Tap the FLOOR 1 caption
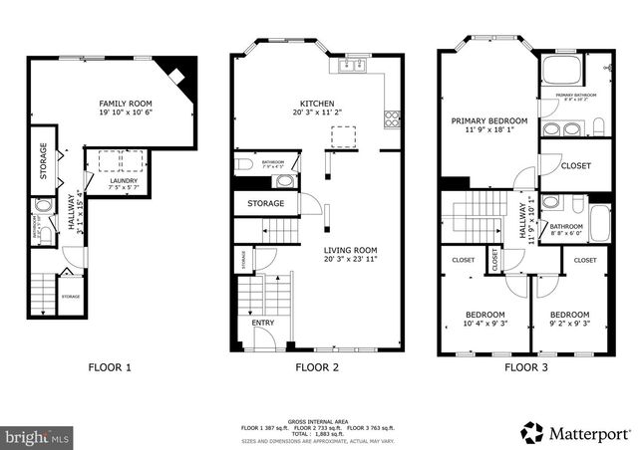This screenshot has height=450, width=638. coord(110,366)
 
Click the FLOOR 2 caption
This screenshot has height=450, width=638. coord(317,366)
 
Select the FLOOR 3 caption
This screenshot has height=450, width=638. coord(525,366)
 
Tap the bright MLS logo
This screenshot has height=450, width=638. coord(38,436)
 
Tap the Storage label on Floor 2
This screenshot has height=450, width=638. coord(265,203)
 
